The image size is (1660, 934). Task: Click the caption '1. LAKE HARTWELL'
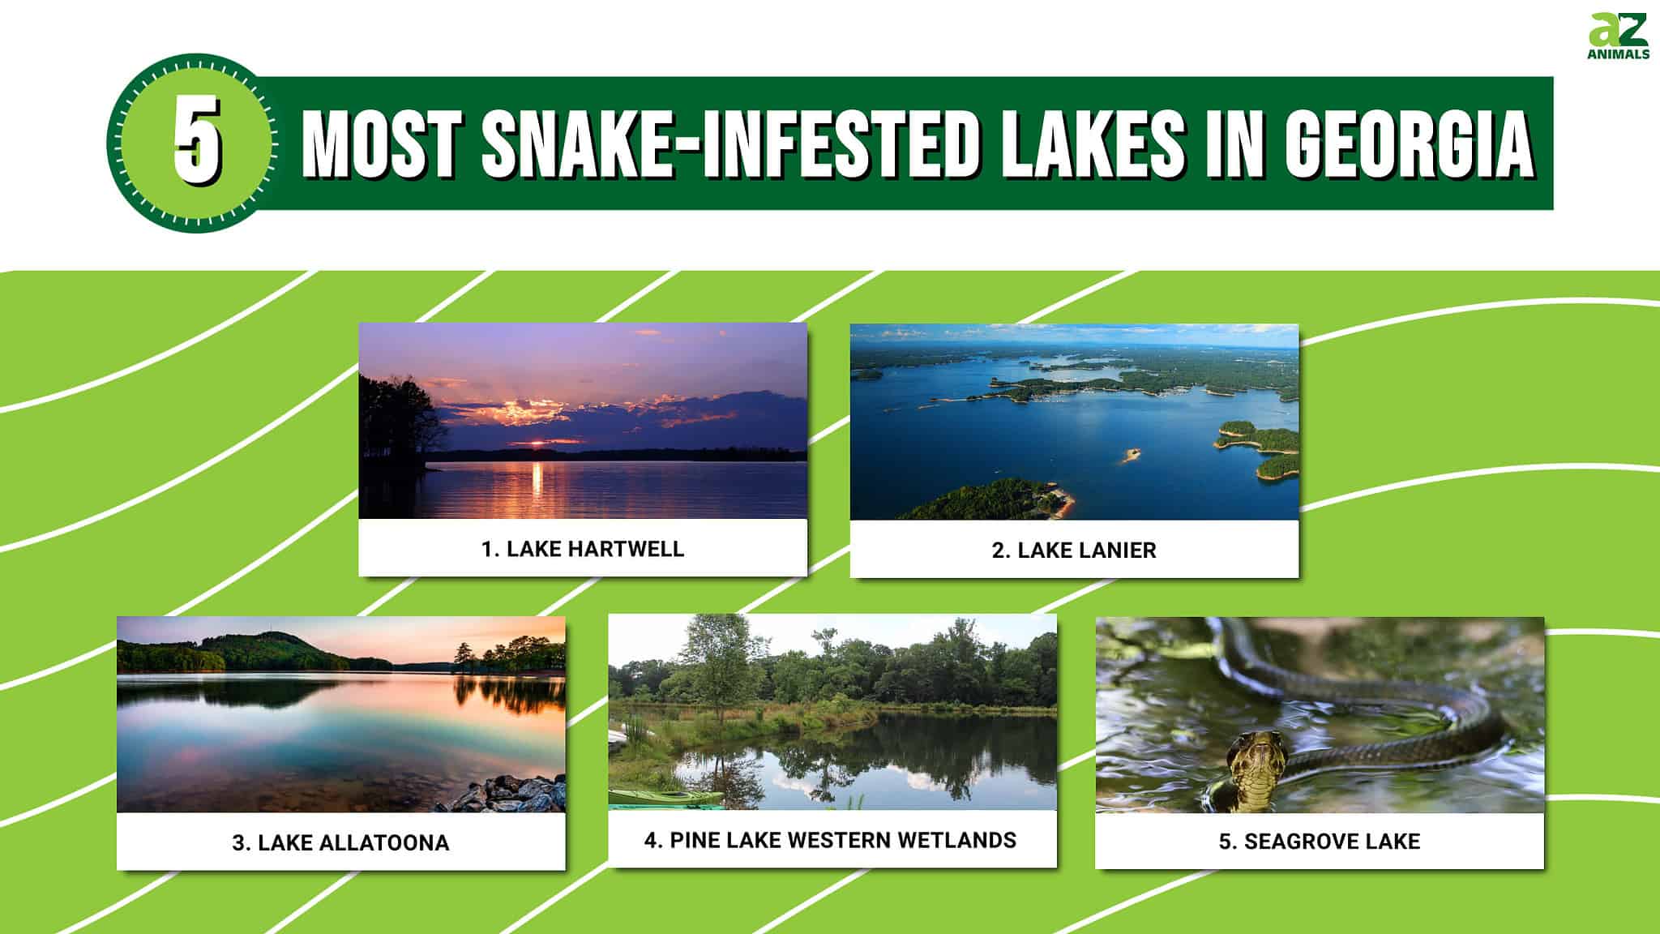pos(583,549)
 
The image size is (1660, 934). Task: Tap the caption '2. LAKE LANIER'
pos(1074,551)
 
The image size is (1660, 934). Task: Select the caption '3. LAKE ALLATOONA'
pos(340,843)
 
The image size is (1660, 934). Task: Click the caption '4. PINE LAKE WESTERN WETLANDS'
pos(830,840)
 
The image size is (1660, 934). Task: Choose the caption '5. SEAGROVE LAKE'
pos(1320,842)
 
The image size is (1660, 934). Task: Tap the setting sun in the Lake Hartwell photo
pos(536,443)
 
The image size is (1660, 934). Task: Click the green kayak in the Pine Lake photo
pos(661,797)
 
